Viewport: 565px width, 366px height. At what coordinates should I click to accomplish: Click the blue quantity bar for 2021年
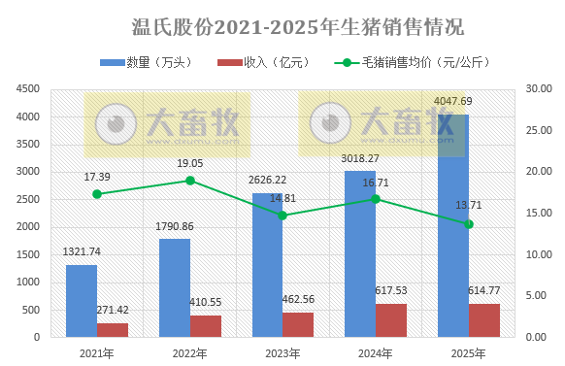[x=82, y=301]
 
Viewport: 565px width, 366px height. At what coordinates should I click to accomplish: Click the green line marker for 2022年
[x=190, y=181]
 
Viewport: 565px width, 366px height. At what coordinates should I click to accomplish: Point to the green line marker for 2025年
[x=469, y=223]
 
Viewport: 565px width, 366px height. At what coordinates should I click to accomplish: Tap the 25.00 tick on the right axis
[x=536, y=130]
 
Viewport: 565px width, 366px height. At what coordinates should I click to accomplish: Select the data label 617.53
[x=395, y=290]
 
